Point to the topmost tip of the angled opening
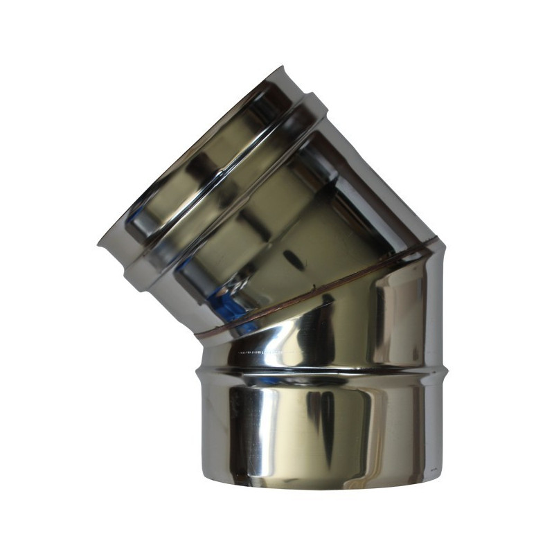click(x=282, y=68)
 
